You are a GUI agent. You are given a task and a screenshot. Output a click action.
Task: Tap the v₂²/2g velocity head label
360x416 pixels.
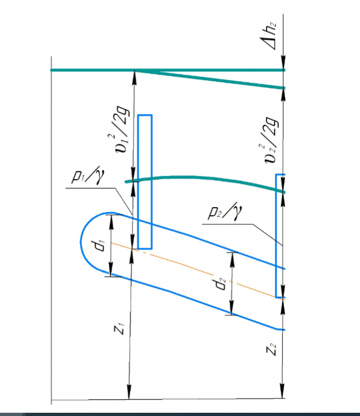[x=272, y=139]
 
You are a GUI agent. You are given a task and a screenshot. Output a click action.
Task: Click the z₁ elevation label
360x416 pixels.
[x=122, y=328]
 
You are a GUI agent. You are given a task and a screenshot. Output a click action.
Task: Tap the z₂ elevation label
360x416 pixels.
[x=272, y=350]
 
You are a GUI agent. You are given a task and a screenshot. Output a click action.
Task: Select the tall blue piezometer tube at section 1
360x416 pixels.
[x=144, y=181]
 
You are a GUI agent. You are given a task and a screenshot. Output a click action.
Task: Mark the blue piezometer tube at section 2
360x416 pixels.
[x=280, y=235]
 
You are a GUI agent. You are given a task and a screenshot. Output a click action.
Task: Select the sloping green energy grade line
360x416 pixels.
[x=216, y=79]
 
